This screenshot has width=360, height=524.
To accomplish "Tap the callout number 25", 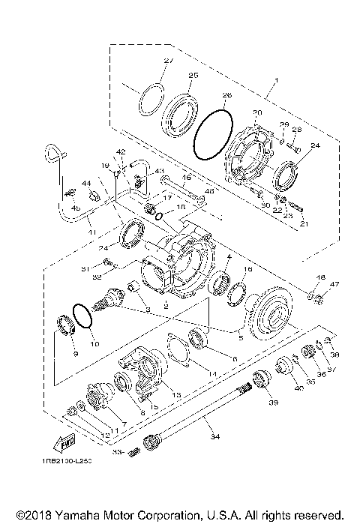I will coord(193,75).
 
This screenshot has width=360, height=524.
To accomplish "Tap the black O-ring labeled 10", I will coord(82,314).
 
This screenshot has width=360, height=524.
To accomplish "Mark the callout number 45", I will coord(74,209).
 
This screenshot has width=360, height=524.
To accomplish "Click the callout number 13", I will coord(177,394).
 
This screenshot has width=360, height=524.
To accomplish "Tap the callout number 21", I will coord(304,223).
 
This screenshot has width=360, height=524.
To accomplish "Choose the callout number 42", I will coord(121,152).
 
